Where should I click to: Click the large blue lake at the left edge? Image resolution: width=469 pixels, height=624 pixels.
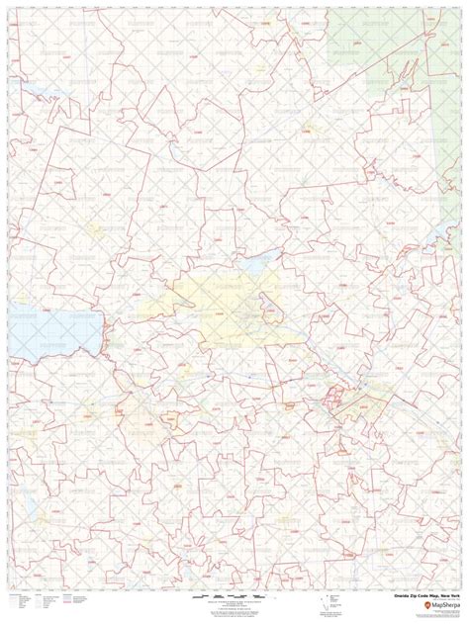[59, 330]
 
